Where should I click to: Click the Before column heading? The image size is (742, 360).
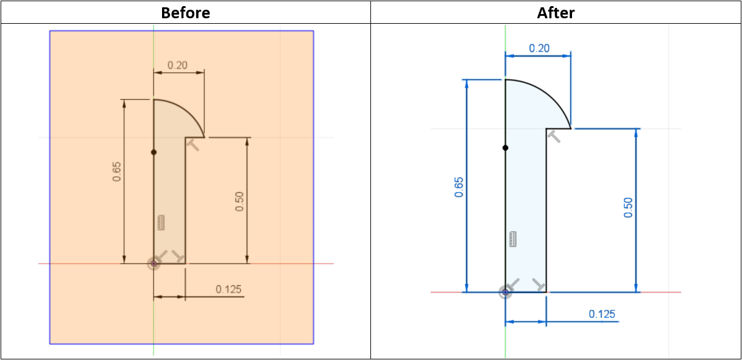(x=185, y=13)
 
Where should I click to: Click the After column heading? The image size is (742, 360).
(x=556, y=13)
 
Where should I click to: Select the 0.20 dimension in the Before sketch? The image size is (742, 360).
(x=177, y=65)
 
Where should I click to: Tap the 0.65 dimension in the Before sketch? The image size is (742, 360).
(x=116, y=172)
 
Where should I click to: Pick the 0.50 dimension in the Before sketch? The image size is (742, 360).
(x=239, y=202)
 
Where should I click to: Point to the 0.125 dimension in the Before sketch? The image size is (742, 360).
(x=228, y=289)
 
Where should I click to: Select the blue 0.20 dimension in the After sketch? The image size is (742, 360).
(x=539, y=48)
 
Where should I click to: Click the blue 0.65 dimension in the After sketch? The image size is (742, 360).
(x=459, y=188)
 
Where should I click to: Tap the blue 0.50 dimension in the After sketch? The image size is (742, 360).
(x=628, y=208)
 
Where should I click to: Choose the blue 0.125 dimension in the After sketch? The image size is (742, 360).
(x=602, y=314)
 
